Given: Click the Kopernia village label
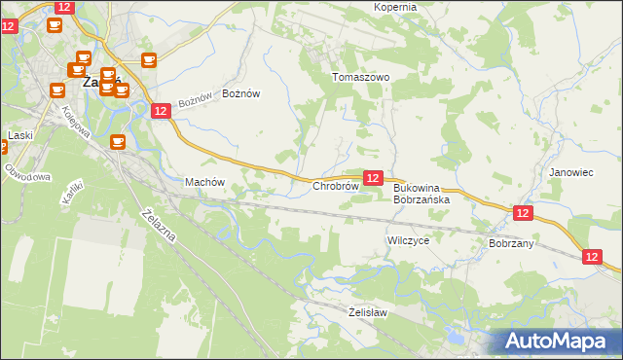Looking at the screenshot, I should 394,7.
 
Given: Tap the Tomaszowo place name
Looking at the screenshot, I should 360,77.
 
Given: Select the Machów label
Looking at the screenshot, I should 204,182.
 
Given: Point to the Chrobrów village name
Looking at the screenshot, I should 336,186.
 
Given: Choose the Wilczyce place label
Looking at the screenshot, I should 408,239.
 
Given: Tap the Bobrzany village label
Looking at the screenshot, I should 511,243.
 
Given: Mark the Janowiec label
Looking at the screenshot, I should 570,172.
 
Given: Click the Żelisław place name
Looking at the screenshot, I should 368,312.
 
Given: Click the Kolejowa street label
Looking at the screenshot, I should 76,121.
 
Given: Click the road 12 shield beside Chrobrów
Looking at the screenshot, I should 372,178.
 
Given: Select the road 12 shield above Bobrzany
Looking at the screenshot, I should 523,213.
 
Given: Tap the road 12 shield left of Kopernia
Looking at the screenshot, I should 63,7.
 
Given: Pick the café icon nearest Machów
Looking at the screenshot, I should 118,142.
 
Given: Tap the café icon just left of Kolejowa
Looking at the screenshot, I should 56,90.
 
